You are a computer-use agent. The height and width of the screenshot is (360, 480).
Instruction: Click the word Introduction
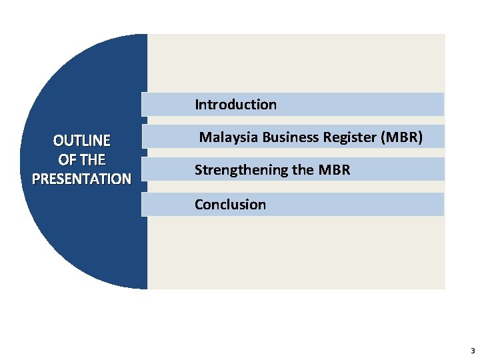[x=235, y=105]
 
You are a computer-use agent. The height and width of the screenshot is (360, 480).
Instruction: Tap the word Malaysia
[x=229, y=138]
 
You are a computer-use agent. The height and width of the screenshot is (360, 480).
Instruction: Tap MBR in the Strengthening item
[x=334, y=171]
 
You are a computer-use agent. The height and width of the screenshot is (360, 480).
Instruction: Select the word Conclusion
[x=230, y=205]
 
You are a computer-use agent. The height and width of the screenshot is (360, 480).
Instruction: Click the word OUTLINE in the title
[x=82, y=141]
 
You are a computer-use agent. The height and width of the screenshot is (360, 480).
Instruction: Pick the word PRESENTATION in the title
[x=81, y=179]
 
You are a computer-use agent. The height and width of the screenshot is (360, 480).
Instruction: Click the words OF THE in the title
[x=82, y=160]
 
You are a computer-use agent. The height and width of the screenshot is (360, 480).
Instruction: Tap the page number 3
[x=473, y=351]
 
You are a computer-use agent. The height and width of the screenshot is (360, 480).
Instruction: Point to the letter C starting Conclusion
[x=199, y=205]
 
